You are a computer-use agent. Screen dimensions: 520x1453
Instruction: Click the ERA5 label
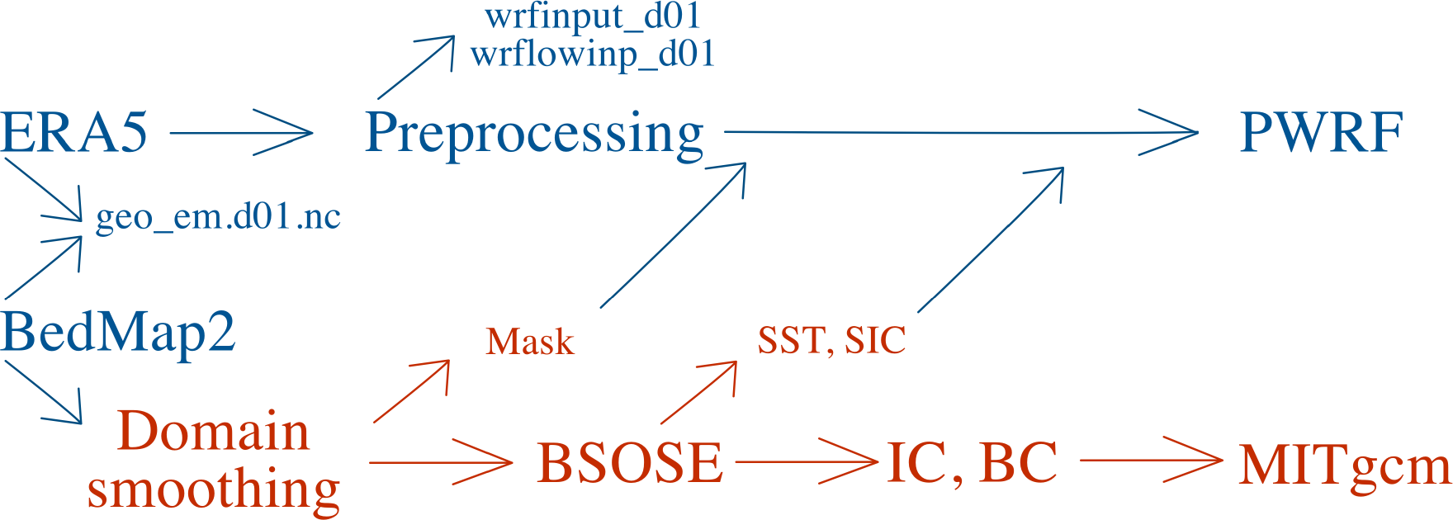coord(74,132)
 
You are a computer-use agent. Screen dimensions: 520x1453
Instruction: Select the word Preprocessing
coord(534,134)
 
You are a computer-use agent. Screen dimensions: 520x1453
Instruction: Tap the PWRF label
coord(1321,132)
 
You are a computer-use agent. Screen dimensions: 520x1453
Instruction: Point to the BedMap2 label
coord(118,332)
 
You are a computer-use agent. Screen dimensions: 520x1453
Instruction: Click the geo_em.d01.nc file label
coord(218,217)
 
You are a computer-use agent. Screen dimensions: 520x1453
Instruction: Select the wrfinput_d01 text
coord(593,17)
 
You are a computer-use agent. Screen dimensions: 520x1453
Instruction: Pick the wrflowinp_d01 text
coord(592,54)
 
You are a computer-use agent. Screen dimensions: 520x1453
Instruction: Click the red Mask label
coord(529,342)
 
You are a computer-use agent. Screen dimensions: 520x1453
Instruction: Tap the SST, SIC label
coord(831,340)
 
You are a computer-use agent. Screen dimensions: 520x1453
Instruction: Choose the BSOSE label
coord(630,462)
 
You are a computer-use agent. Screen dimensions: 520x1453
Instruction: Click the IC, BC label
coord(972,462)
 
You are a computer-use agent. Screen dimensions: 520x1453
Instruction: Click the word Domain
coord(213,432)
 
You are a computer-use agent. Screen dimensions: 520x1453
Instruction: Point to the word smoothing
coord(213,489)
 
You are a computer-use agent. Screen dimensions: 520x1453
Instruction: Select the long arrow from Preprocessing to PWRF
coord(958,132)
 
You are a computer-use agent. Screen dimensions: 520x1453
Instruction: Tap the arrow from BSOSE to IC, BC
coord(805,462)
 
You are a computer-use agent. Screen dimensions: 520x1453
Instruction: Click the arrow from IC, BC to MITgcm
coord(1150,461)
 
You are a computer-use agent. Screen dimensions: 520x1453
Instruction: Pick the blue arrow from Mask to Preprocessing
coord(673,235)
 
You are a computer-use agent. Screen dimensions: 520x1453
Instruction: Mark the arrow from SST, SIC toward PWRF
coord(991,239)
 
